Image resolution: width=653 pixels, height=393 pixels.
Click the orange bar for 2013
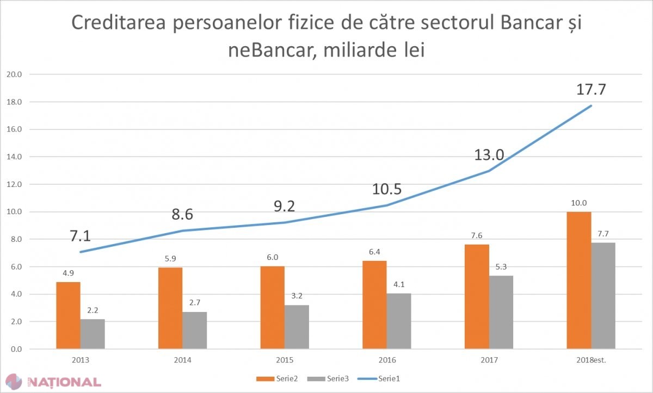pos(68,315)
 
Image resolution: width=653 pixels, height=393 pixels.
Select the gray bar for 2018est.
pos(603,296)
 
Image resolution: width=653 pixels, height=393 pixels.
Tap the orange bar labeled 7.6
pos(477,297)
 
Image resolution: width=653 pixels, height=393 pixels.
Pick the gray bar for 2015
pos(297,327)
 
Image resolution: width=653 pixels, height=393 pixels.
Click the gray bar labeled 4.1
pos(399,321)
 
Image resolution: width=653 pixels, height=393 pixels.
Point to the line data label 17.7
pos(591,89)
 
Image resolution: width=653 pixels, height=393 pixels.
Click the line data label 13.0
pos(489,154)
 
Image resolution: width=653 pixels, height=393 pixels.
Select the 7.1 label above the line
pos(81,236)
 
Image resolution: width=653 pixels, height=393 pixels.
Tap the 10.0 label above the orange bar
pos(578,203)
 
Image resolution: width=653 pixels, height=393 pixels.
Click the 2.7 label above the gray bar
pos(195,302)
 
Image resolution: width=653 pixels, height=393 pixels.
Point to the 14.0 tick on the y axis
pos(14,157)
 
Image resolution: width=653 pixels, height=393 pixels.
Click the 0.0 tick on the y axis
pos(16,349)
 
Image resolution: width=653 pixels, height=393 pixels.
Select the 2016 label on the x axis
pos(387,360)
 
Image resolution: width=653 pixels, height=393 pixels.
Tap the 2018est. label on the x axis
pos(591,360)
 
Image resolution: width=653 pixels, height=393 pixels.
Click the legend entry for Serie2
pos(277,379)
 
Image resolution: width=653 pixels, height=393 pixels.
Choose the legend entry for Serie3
pos(328,379)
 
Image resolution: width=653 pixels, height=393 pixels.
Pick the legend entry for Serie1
pos(379,379)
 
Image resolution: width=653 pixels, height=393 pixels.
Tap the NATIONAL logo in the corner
pos(54,382)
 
